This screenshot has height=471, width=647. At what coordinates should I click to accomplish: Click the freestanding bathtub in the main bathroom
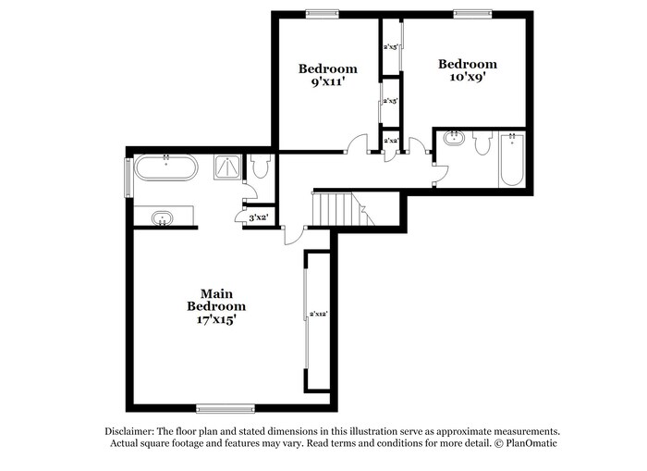click(165, 169)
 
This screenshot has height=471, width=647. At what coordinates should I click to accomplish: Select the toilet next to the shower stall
click(260, 167)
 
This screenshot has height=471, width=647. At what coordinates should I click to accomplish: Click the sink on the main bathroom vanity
click(163, 218)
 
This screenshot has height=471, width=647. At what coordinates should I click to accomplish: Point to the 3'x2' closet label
click(258, 218)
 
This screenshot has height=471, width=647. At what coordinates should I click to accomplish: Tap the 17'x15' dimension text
click(216, 320)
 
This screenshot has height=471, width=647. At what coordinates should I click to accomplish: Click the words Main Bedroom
click(216, 300)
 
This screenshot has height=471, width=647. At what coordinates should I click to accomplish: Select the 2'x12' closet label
click(319, 314)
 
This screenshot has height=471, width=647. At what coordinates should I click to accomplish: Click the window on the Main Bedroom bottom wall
click(226, 407)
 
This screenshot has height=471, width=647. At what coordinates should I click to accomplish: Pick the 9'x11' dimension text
click(327, 81)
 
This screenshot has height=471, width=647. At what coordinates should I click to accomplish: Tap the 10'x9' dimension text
click(467, 78)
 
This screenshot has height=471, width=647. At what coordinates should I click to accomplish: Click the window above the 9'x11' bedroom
click(323, 13)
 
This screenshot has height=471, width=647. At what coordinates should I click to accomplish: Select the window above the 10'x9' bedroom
click(471, 13)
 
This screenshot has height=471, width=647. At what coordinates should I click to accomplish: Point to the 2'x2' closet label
click(391, 140)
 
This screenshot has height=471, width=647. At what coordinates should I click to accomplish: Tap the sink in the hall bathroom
click(453, 140)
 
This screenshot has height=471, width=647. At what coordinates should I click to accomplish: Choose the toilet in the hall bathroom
click(481, 143)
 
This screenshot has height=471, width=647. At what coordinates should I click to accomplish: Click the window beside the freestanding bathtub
click(128, 177)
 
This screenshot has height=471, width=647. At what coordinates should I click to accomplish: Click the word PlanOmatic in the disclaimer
click(531, 443)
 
